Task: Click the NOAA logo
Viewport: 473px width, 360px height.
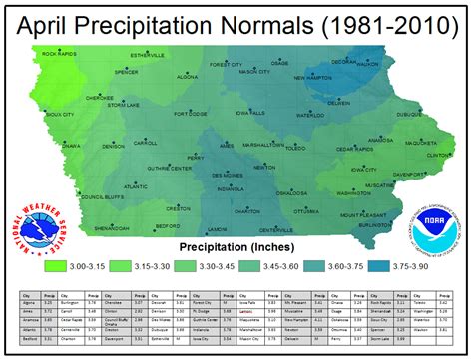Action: tap(435, 229)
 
